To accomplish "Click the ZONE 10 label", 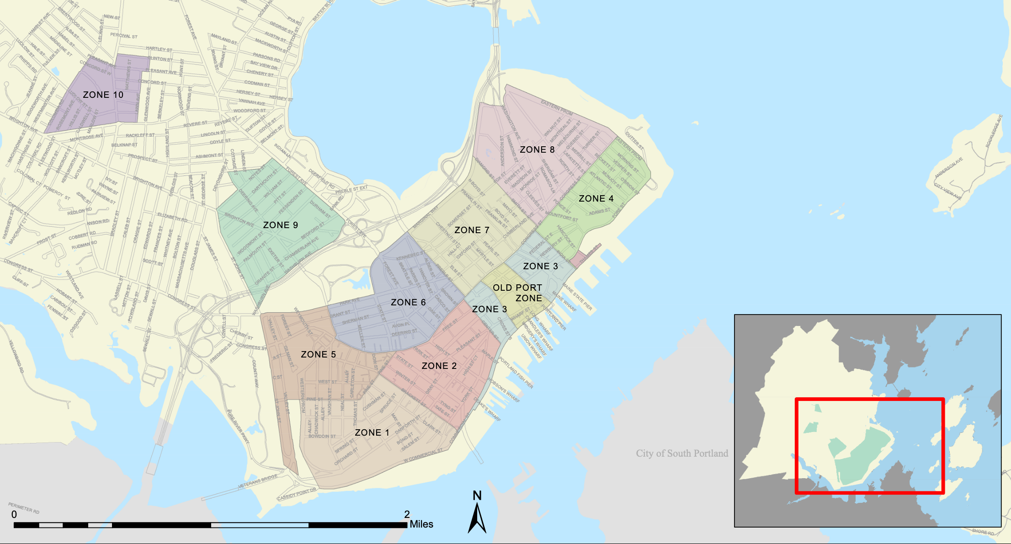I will coord(103,95).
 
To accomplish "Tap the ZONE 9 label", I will coord(280,225).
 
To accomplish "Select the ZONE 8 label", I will coord(537,149).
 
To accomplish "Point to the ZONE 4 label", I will coord(596,198).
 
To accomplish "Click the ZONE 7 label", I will coord(472,230).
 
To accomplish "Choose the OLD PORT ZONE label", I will coord(517,293).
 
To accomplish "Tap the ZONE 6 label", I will coord(408,302).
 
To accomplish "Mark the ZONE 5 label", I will coord(318,354).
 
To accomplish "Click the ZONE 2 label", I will coord(439,366).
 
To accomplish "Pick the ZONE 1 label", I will coord(372,432).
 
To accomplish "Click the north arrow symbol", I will coord(477,519).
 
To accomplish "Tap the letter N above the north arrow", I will coord(477,496).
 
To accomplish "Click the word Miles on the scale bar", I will coord(421,524).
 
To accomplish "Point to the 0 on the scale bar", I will coord(14,515).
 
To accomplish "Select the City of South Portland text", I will coord(682,453).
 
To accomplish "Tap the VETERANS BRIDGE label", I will coord(257,482).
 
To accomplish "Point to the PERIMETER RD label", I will coord(24,508).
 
